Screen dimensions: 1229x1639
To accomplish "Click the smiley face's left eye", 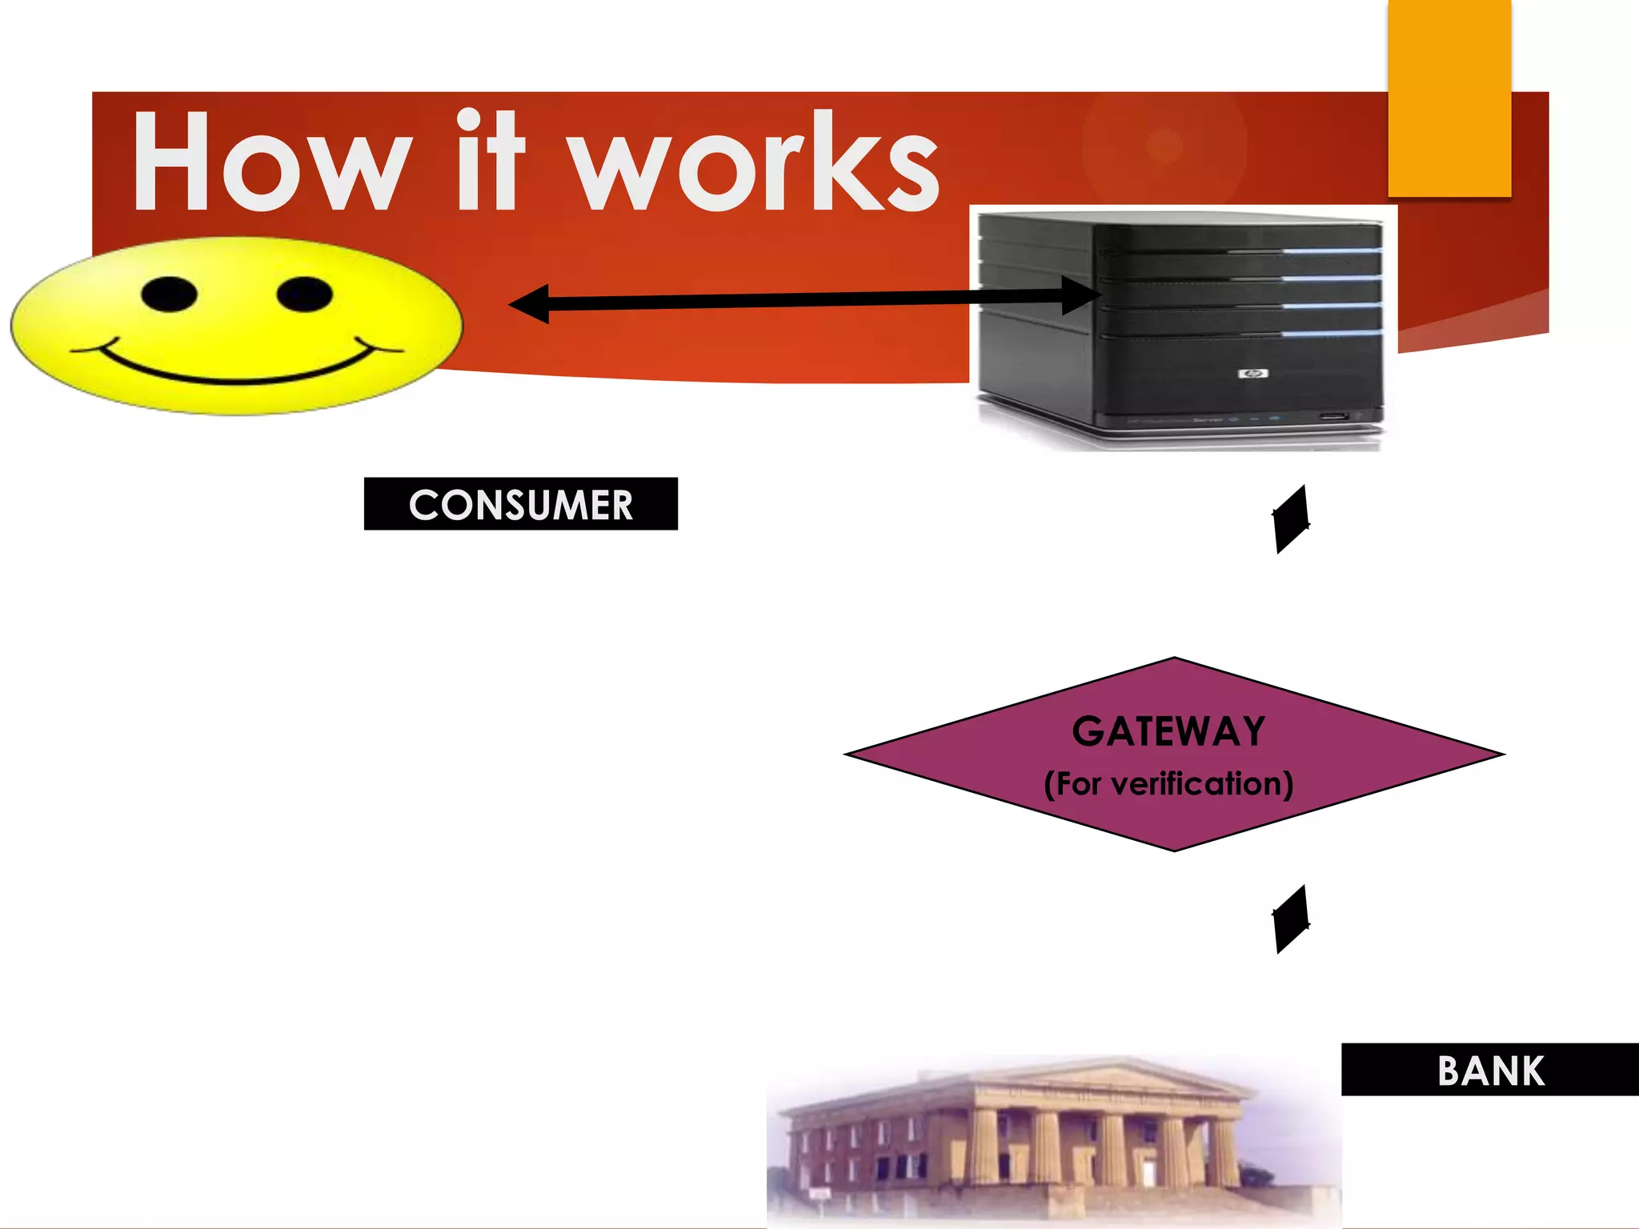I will click(169, 294).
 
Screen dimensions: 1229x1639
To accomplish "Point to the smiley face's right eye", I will click(304, 294).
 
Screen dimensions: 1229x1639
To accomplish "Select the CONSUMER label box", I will click(520, 504).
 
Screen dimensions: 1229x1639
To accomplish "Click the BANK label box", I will click(1490, 1070).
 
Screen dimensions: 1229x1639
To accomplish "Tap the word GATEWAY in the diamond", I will click(1168, 731).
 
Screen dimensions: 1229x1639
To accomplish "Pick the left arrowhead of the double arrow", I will click(530, 304).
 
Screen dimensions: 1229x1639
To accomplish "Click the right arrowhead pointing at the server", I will click(1080, 296).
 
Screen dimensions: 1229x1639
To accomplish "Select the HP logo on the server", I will click(1252, 374).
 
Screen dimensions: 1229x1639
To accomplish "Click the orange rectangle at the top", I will click(1449, 98).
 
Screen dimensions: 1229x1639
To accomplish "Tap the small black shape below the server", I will click(1292, 519).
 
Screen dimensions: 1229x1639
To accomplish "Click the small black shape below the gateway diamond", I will click(1292, 919).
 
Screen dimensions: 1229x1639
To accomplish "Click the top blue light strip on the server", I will click(1332, 250).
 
